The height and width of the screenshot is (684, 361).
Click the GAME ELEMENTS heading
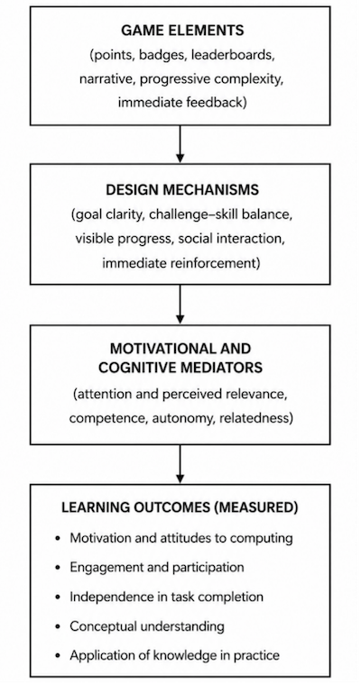tap(182, 31)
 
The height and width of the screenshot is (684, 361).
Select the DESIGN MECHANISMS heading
tap(182, 190)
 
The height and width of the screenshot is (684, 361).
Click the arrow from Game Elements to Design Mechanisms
tap(180, 144)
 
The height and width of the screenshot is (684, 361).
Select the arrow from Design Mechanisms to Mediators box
tap(180, 304)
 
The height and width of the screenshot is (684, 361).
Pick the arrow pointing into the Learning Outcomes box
tap(180, 464)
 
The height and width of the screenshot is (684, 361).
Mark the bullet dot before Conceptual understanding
tap(59, 627)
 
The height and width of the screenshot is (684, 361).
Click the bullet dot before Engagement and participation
tap(59, 568)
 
